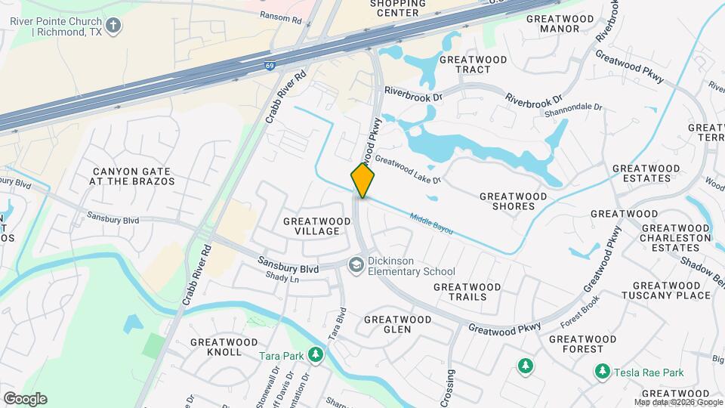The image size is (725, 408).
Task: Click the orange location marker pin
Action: [x=363, y=181]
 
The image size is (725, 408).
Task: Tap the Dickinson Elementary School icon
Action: [x=356, y=264]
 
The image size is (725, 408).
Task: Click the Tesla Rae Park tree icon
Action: [x=603, y=372]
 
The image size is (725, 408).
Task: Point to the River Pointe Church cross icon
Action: [x=113, y=26]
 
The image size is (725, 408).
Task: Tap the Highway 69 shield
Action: [x=270, y=66]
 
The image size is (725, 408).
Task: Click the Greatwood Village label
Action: [x=317, y=226]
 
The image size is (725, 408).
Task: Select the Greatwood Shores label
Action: [x=514, y=201]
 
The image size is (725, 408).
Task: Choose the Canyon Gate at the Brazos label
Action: [x=132, y=177]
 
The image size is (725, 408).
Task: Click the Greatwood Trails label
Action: [x=467, y=292]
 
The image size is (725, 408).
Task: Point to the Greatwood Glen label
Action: [x=398, y=324]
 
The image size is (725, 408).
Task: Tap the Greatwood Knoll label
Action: [x=224, y=347]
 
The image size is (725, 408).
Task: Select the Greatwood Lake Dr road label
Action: [x=408, y=171]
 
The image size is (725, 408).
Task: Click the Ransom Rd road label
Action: [x=280, y=16]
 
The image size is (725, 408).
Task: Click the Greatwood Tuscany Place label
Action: [x=671, y=290]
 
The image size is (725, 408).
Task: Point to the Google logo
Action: [x=25, y=398]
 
